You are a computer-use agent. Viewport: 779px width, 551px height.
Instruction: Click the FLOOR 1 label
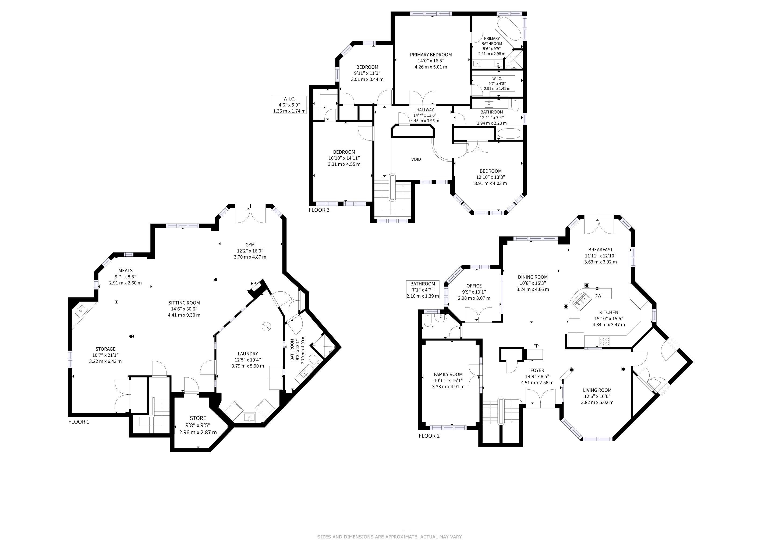pyautogui.click(x=79, y=422)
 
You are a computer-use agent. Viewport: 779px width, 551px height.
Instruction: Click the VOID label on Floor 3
pyautogui.click(x=416, y=159)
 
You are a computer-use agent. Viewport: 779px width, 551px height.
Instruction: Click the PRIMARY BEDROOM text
pyautogui.click(x=431, y=55)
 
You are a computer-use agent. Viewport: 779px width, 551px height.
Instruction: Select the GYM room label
pyautogui.click(x=250, y=245)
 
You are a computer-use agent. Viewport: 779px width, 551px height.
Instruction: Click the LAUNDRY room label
pyautogui.click(x=248, y=354)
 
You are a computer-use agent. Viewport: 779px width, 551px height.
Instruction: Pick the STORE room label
pyautogui.click(x=198, y=418)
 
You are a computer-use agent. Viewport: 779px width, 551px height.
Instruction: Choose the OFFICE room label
pyautogui.click(x=474, y=286)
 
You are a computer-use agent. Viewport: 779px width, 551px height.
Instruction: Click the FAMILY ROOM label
pyautogui.click(x=448, y=374)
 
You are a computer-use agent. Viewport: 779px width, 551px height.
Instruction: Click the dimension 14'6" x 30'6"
pyautogui.click(x=184, y=309)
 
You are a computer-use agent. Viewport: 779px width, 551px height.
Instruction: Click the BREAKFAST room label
pyautogui.click(x=601, y=250)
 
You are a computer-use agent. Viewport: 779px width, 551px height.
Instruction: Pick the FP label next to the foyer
pyautogui.click(x=536, y=346)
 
